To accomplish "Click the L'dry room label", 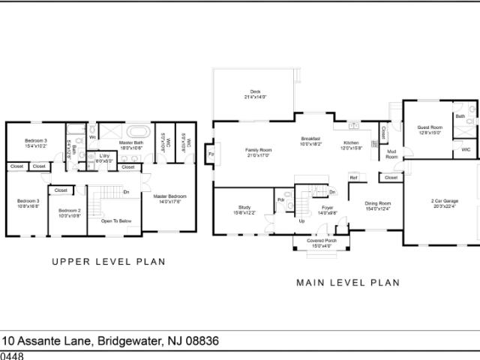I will pyautogui.click(x=104, y=159).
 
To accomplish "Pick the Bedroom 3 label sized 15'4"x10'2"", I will pyautogui.click(x=35, y=143).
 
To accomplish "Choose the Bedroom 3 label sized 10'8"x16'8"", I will pyautogui.click(x=28, y=202).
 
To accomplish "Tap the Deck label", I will pyautogui.click(x=255, y=94).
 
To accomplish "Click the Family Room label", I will pyautogui.click(x=258, y=152).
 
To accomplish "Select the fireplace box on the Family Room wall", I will pyautogui.click(x=211, y=154).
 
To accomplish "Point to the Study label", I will pyautogui.click(x=244, y=210).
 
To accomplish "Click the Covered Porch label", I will pyautogui.click(x=320, y=243).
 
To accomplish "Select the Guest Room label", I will pyautogui.click(x=430, y=130).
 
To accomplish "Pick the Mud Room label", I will pyautogui.click(x=391, y=154).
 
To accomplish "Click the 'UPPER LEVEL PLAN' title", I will pyautogui.click(x=108, y=262).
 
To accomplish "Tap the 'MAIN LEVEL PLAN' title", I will pyautogui.click(x=347, y=283).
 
